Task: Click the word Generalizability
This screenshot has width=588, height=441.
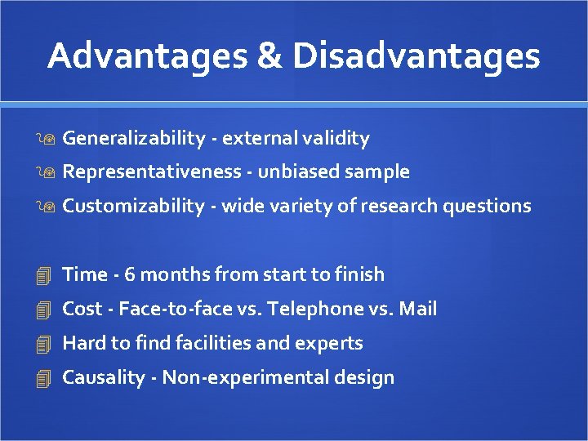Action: coord(133,139)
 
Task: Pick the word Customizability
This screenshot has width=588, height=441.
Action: coord(133,207)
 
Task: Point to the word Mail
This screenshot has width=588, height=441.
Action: coord(418,309)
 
